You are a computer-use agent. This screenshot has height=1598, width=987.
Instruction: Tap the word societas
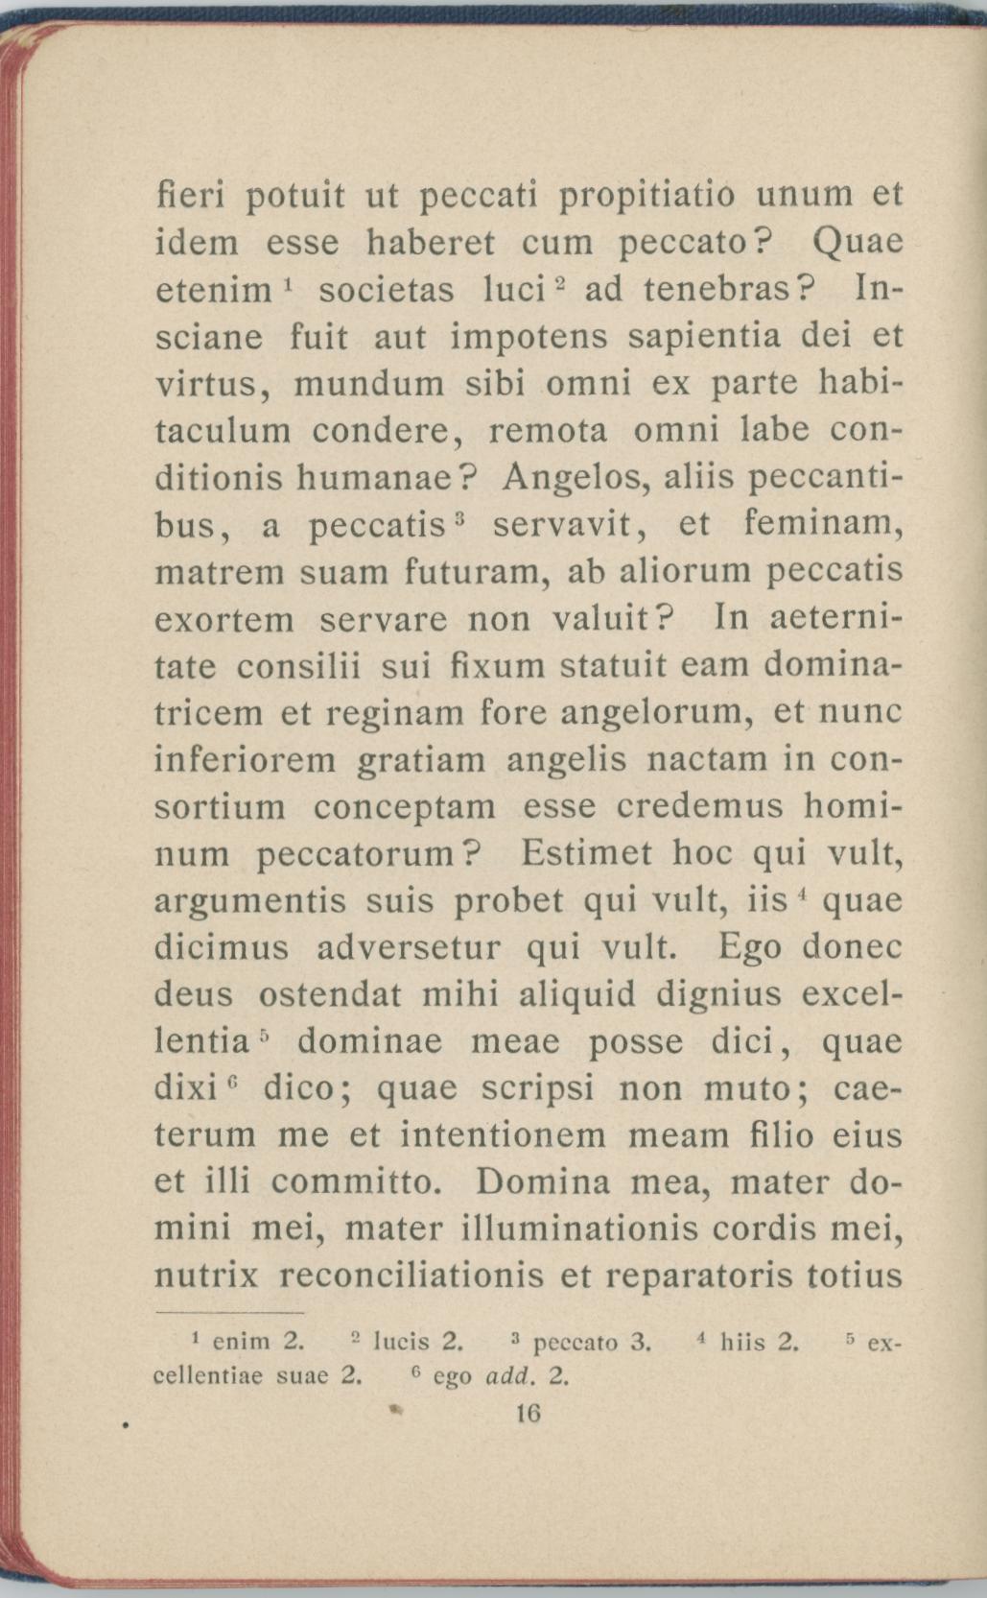[x=387, y=290]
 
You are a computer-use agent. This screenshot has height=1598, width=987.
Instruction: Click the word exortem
[x=224, y=619]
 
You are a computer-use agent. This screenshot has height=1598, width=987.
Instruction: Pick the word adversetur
[x=409, y=948]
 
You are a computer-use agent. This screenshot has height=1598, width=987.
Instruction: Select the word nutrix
[x=206, y=1276]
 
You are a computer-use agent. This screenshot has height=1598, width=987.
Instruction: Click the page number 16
[x=529, y=1413]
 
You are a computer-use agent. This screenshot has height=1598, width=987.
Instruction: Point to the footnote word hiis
[x=744, y=1341]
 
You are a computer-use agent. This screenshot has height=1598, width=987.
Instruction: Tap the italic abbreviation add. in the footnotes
[x=508, y=1377]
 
